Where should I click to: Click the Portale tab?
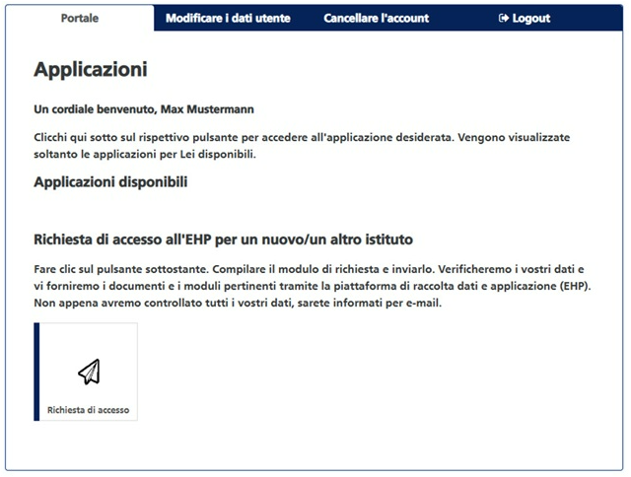(80, 18)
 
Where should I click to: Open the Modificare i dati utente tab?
(228, 18)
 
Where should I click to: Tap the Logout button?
(525, 18)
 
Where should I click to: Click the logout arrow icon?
(504, 18)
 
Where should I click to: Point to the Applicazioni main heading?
(90, 69)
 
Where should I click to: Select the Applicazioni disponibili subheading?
(110, 182)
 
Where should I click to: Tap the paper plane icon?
(89, 372)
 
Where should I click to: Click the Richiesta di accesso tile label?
(89, 410)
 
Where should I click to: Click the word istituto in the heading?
(380, 239)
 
